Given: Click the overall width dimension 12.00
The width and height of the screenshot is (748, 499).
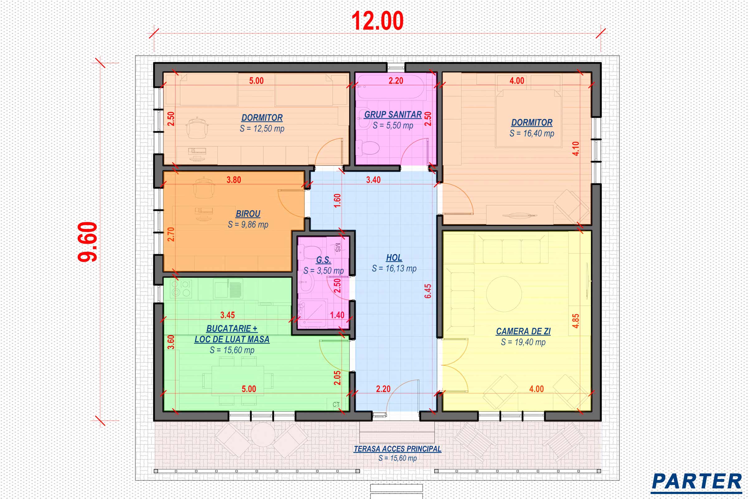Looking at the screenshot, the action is (377, 21).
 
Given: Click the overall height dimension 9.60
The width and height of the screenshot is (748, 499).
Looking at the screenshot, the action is (88, 242).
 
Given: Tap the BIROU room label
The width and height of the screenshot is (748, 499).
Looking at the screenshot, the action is (248, 214).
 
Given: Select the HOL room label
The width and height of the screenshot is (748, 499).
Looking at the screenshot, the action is (394, 258).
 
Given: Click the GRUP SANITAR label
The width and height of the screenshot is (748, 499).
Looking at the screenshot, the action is (393, 114).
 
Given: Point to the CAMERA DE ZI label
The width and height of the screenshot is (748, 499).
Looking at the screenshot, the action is (523, 331).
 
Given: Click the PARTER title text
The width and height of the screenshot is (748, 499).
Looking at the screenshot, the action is (697, 482).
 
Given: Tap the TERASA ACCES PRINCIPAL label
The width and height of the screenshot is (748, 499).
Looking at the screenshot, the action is (398, 449).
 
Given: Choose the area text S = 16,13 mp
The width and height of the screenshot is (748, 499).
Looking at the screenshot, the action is (394, 269).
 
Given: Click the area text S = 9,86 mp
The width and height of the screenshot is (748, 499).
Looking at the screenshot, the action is (248, 225).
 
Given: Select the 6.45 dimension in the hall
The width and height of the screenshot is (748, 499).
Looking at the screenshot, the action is (428, 291).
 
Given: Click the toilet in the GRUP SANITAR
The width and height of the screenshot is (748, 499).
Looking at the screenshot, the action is (368, 148).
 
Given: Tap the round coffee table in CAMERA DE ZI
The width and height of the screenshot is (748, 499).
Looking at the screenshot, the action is (504, 294).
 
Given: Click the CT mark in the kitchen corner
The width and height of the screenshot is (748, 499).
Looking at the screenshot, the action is (336, 405).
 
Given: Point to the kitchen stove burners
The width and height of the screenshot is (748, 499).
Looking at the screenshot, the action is (180, 288).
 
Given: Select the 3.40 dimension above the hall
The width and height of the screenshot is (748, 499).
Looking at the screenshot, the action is (373, 180).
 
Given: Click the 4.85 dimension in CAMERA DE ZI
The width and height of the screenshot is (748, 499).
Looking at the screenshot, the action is (576, 321).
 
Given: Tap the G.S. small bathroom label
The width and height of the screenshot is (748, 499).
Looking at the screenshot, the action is (324, 260).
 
